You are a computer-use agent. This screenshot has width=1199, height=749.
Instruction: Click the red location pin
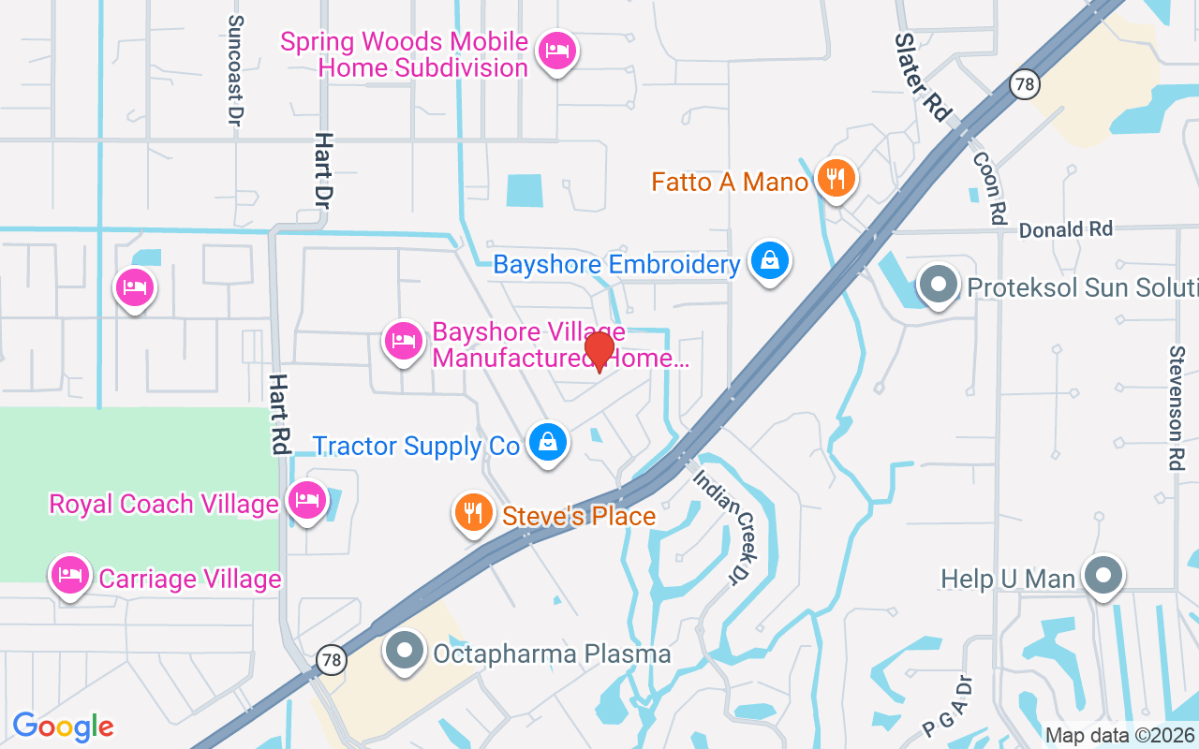(599, 351)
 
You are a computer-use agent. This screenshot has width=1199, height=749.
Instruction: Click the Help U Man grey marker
(1103, 576)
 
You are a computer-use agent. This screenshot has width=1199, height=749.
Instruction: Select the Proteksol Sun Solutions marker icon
(938, 284)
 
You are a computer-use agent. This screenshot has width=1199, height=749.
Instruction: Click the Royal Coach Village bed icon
(306, 501)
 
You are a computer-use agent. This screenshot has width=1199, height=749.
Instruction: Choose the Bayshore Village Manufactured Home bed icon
(403, 341)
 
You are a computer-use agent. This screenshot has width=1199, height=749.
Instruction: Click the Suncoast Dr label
(235, 70)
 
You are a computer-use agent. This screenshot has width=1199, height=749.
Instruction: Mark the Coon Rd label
(989, 187)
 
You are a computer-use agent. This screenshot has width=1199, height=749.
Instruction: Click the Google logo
(64, 727)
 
